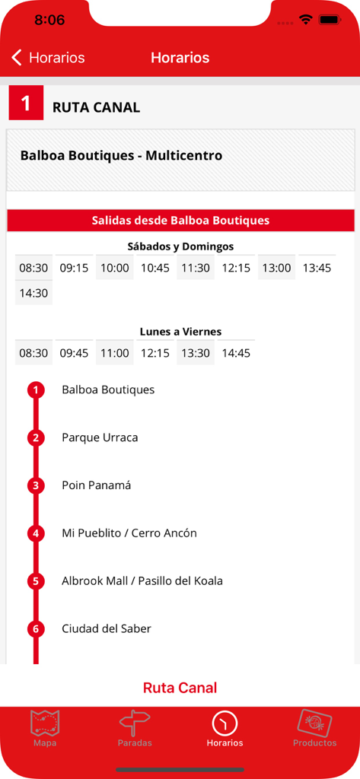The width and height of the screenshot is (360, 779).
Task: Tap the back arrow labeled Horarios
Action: pos(48,58)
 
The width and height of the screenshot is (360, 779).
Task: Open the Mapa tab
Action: pos(45,727)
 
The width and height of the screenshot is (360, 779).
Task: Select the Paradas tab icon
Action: pos(135,723)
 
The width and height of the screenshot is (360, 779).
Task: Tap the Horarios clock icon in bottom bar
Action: pos(225,723)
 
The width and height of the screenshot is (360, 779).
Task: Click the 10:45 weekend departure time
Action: pos(155,268)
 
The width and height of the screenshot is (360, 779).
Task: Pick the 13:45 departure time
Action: pos(317,268)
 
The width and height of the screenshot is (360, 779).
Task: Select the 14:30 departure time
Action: pos(33,293)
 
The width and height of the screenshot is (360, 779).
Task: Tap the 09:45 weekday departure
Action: pos(74,353)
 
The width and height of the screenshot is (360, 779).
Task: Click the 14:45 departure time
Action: pos(236,353)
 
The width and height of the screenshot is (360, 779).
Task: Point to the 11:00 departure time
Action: pos(115,353)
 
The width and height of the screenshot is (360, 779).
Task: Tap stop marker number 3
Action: pos(36,485)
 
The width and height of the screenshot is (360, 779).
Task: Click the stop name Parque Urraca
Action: pos(100,437)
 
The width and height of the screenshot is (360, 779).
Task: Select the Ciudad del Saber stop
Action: pos(107,628)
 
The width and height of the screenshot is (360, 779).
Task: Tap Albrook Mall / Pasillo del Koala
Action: pos(142,580)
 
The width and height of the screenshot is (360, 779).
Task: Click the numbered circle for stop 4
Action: pos(36,533)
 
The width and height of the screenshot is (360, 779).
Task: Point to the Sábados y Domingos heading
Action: pos(180,246)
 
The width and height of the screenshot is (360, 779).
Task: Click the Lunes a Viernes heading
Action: pos(180,332)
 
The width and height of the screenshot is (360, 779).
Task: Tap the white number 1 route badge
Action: pos(27,103)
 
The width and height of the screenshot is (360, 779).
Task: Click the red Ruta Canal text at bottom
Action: pos(180,688)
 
